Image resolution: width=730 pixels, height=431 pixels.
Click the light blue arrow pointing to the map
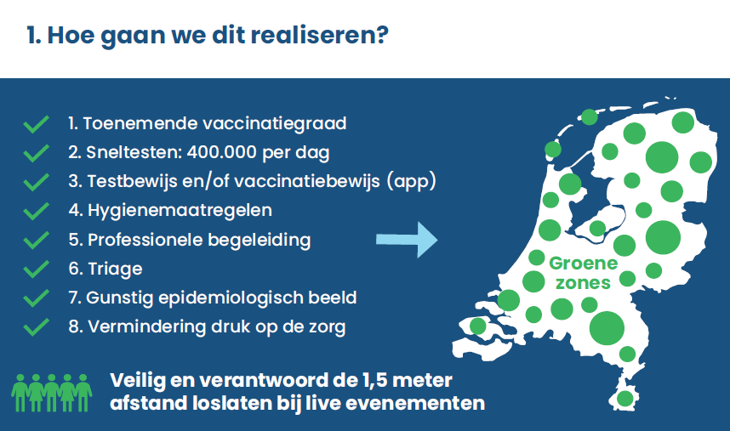[407, 240]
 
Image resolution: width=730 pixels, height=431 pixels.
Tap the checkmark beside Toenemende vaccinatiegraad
[37, 124]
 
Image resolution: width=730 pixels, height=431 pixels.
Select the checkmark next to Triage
[37, 269]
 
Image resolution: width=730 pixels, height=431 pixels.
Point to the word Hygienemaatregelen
[180, 211]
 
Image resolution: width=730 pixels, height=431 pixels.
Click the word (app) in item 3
[411, 181]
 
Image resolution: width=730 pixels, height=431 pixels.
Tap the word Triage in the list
[115, 269]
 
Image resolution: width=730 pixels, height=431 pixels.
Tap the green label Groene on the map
[584, 264]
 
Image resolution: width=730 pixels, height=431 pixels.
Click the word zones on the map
[583, 283]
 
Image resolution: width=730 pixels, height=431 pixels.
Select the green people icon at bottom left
[52, 393]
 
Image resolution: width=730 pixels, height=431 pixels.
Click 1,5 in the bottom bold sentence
[374, 380]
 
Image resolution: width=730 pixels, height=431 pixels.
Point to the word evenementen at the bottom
[415, 403]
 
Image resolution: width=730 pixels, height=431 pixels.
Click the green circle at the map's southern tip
[624, 399]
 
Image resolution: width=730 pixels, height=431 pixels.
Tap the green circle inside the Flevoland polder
[597, 229]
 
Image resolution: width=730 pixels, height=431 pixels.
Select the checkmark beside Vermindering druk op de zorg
[37, 327]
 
